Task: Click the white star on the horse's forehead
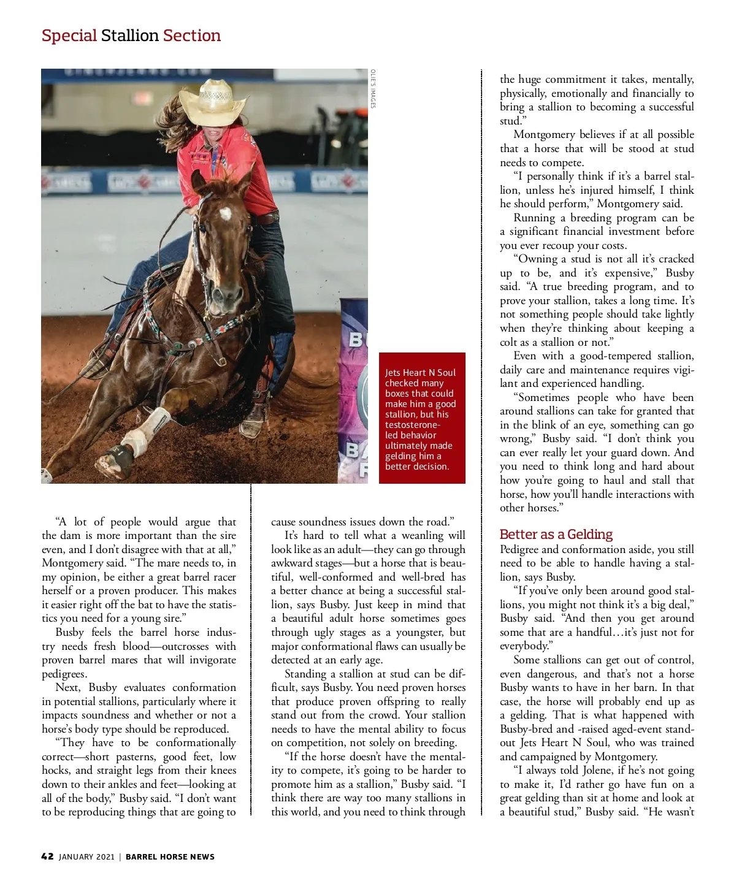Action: [225, 213]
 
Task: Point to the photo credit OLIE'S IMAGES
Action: [372, 89]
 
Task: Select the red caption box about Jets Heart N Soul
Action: [422, 418]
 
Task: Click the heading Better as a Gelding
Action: [556, 534]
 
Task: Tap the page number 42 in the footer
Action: [47, 856]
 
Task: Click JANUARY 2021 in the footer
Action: [86, 856]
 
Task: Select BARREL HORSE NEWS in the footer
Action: [170, 856]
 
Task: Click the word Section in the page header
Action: [192, 36]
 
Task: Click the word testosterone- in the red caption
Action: [412, 425]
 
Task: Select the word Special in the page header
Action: [69, 36]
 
